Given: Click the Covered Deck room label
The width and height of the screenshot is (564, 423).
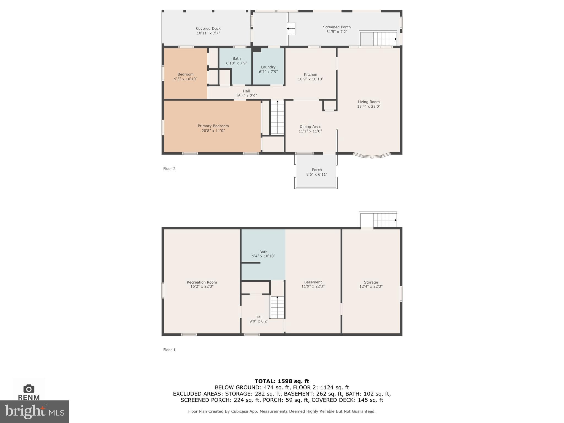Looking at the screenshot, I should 208,28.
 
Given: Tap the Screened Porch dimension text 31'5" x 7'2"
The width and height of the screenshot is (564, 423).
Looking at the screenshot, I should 337,32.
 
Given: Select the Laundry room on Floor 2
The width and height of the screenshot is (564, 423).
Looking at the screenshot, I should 268,69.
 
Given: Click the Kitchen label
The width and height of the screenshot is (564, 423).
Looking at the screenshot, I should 310,74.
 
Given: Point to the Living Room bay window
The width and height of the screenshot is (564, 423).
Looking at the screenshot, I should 372,156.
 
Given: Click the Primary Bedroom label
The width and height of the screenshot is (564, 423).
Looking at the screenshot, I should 213,126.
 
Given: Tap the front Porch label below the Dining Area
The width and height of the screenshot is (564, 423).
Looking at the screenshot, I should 317,170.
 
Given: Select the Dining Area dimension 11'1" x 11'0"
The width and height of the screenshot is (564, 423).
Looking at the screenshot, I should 310,131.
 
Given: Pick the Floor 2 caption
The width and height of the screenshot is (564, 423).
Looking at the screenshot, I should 169,169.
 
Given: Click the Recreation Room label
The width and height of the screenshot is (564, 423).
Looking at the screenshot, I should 202,282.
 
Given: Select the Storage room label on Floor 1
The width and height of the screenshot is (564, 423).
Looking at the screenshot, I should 371,282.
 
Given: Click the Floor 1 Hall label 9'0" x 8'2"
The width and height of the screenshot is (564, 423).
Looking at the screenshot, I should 259,319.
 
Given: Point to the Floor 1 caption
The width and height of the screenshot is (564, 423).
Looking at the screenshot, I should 169,350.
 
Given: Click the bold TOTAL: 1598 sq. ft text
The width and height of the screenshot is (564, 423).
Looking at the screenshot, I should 282,381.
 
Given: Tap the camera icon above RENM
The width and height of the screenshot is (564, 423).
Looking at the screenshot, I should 29,389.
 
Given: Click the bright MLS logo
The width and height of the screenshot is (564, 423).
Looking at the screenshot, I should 34,411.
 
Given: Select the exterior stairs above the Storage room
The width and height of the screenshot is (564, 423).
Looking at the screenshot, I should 384,220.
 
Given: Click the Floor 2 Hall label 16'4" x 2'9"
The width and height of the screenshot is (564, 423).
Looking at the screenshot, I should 246,93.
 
